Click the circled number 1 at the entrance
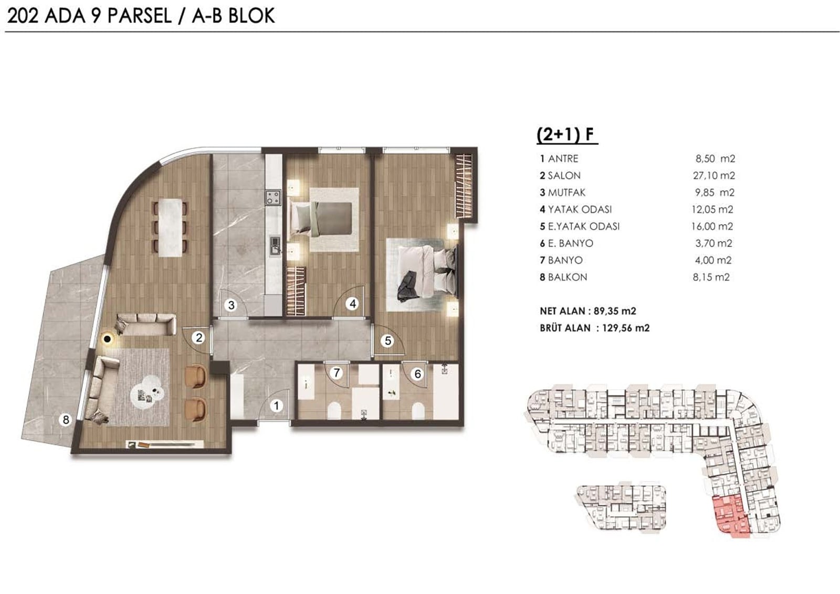(x=276, y=405)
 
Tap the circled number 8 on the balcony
(x=66, y=420)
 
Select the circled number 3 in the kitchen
(x=232, y=306)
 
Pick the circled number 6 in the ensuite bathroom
(x=418, y=374)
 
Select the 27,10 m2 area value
(x=713, y=175)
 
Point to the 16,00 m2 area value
(x=712, y=226)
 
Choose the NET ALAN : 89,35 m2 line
(x=588, y=311)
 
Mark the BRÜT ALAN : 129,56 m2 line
(x=595, y=328)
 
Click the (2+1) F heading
(x=566, y=134)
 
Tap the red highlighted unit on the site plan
(x=731, y=517)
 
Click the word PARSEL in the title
(x=140, y=16)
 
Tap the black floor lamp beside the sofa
(x=108, y=339)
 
